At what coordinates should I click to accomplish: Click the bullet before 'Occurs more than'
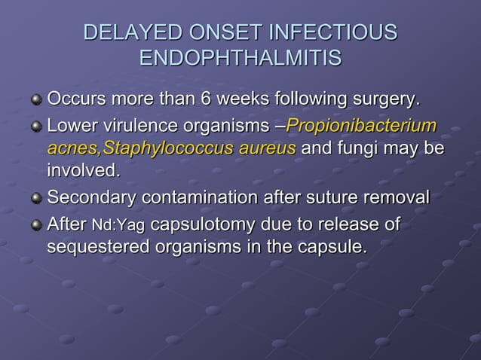coord(36,100)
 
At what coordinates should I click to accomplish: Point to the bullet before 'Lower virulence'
coord(36,125)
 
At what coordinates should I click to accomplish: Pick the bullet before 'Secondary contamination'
coord(36,200)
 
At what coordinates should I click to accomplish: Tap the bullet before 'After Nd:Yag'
coord(36,224)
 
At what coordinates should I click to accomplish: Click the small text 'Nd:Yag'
coord(118,224)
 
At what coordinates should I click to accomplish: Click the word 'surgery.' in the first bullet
coord(382,99)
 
